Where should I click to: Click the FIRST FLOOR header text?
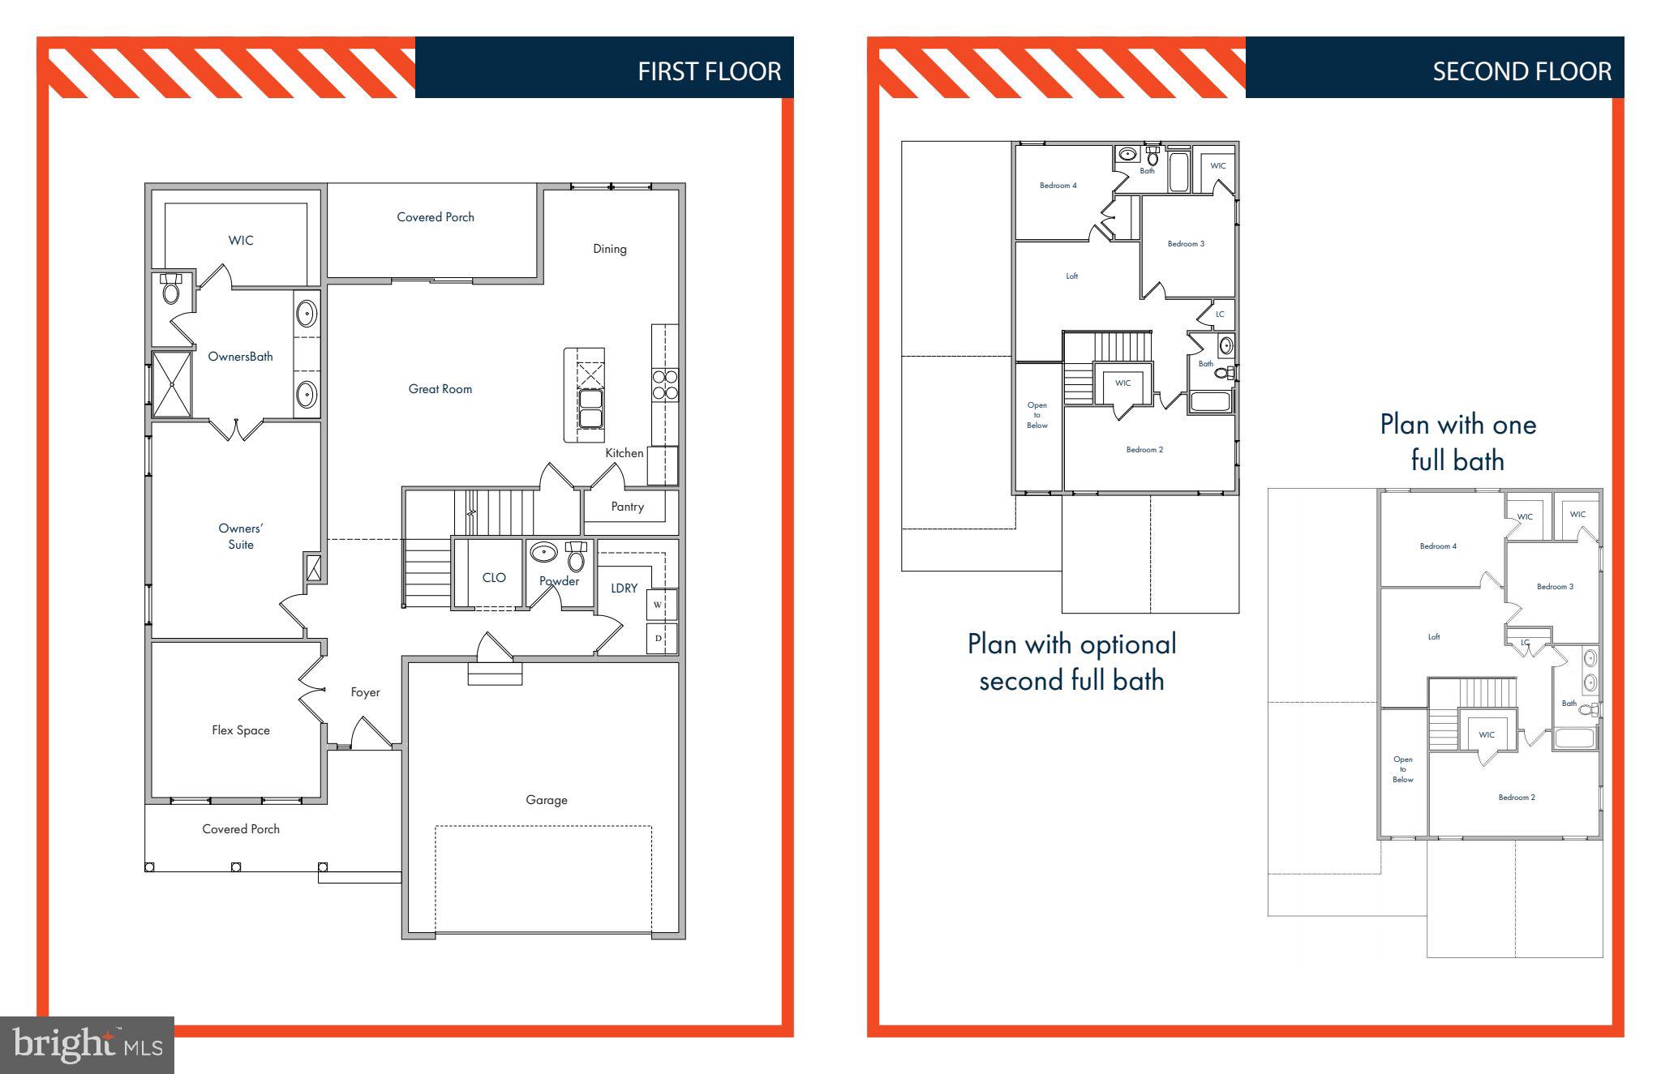tap(709, 71)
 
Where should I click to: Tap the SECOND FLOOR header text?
tap(1522, 71)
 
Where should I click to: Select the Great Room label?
tap(440, 389)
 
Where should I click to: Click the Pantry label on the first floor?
tap(627, 507)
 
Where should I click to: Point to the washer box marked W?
tap(659, 605)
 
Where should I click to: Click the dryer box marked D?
tap(659, 639)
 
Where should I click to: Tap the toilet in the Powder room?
tap(576, 558)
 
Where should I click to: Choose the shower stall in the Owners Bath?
tap(172, 384)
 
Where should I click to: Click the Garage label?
tap(546, 800)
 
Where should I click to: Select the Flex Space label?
tap(240, 730)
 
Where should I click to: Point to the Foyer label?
tap(365, 692)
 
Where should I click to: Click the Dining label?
tap(609, 249)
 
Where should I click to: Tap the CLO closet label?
tap(494, 578)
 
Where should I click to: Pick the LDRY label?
tap(624, 588)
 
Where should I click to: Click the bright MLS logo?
tap(88, 1045)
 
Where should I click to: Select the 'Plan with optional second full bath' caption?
tap(1071, 661)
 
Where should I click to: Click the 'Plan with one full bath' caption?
tap(1457, 442)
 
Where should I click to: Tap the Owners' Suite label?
tap(240, 537)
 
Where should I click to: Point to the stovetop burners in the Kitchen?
tap(665, 385)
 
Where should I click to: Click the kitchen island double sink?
tap(590, 409)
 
